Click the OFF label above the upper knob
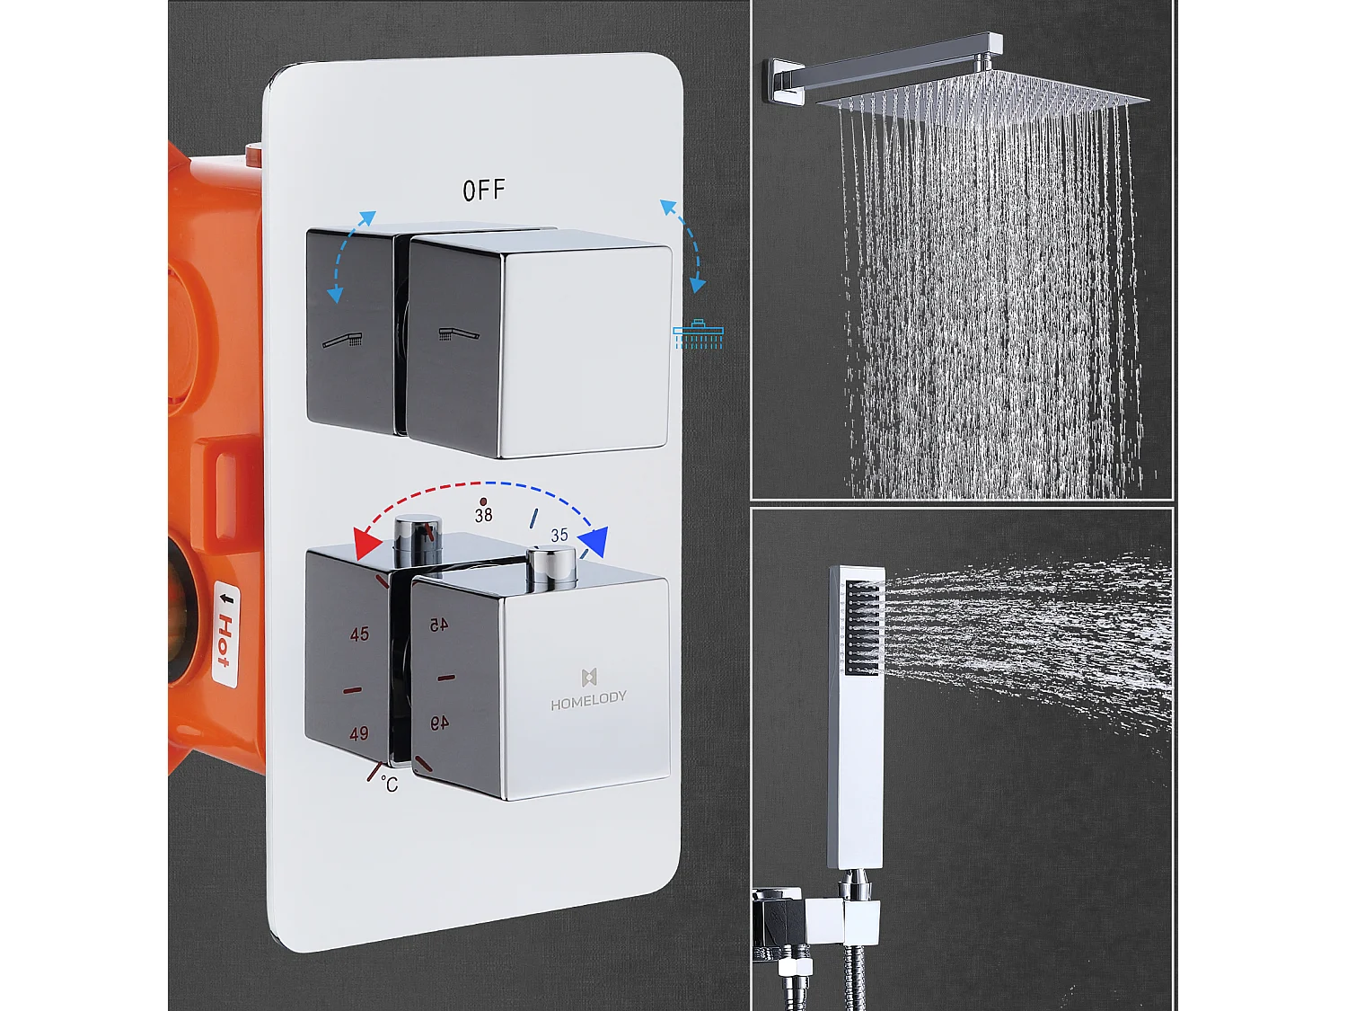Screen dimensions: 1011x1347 click(x=484, y=191)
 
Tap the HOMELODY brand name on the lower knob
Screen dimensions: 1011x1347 click(x=588, y=697)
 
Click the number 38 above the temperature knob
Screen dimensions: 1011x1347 click(x=483, y=515)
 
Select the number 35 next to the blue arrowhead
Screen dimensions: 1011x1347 click(x=559, y=536)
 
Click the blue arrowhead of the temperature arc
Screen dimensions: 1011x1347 click(x=594, y=543)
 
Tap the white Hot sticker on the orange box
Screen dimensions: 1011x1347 click(x=224, y=634)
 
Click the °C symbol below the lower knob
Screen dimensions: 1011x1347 click(x=389, y=785)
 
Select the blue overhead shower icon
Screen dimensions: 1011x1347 click(x=698, y=333)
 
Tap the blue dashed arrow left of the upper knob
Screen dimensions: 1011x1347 click(x=350, y=255)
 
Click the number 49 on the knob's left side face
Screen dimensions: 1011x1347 click(x=359, y=733)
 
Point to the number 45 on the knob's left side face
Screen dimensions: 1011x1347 click(x=359, y=634)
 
